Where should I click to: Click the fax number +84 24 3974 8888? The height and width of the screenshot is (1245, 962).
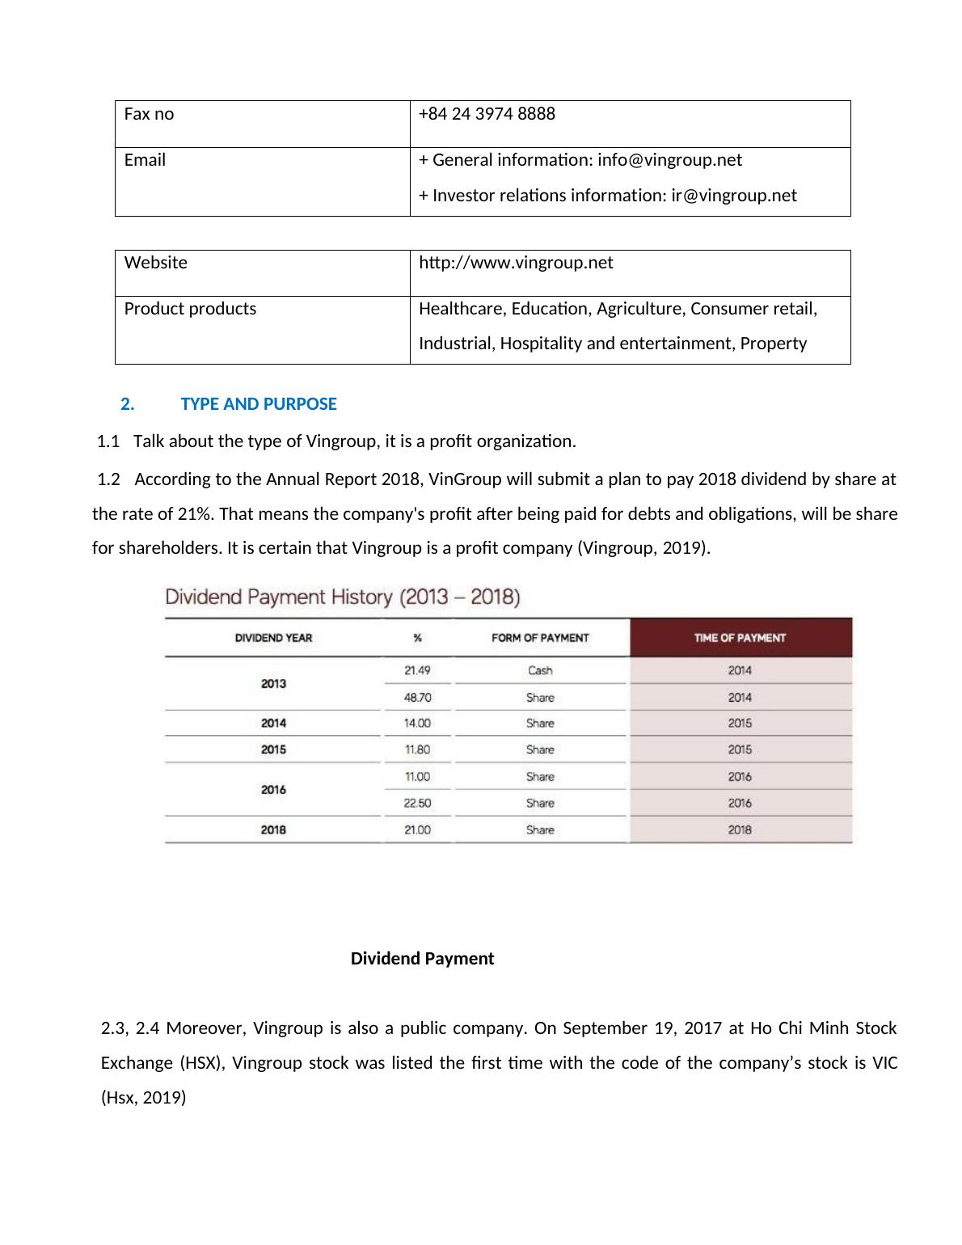[x=487, y=114]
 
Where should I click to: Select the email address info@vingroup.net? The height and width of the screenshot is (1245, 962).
[x=669, y=160]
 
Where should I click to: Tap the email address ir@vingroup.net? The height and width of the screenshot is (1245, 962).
[x=734, y=196]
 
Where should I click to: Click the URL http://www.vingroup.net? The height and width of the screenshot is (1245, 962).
[x=516, y=263]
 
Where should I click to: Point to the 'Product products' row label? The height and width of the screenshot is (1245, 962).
[x=190, y=309]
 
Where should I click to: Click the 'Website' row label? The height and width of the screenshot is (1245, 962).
[x=155, y=263]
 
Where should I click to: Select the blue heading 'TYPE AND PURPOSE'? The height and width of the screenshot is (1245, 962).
[x=259, y=404]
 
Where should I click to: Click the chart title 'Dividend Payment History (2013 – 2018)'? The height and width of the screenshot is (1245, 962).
[x=343, y=597]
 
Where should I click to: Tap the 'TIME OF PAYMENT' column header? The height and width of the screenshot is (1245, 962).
[x=740, y=638]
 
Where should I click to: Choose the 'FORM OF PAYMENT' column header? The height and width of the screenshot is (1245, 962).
[x=540, y=638]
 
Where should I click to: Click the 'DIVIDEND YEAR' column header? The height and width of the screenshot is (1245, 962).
[x=273, y=638]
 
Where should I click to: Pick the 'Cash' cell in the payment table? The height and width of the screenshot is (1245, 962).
[x=540, y=670]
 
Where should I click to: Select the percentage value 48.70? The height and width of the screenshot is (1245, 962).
[x=417, y=697]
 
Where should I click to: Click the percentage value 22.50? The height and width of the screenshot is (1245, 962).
[x=417, y=803]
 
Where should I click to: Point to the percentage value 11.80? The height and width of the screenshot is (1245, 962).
[x=417, y=749]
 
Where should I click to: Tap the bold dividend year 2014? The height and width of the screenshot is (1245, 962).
[x=273, y=723]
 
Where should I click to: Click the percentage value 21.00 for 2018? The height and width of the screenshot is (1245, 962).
[x=417, y=829]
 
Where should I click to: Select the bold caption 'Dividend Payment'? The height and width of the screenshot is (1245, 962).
[x=422, y=959]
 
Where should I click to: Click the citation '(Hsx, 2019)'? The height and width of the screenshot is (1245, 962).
[x=143, y=1098]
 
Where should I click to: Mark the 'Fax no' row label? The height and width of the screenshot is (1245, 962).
[x=149, y=114]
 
